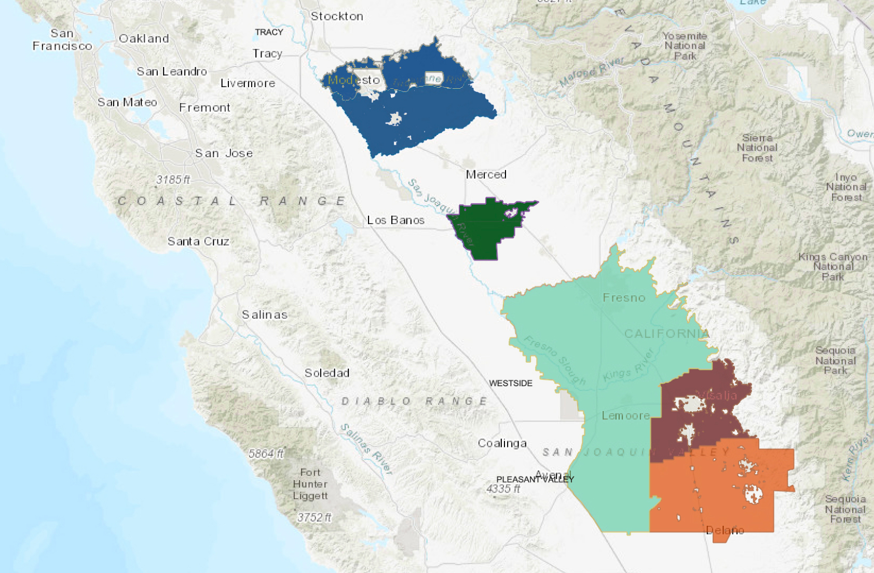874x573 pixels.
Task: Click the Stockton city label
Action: tap(337, 16)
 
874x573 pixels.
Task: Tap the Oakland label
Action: tap(144, 38)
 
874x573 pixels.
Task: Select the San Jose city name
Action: tap(224, 153)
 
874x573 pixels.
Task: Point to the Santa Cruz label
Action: tap(198, 241)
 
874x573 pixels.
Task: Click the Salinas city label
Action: tap(265, 315)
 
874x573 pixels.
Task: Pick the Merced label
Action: tap(486, 174)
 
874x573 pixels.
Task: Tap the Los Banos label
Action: tap(395, 220)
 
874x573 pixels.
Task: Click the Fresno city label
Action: tap(624, 298)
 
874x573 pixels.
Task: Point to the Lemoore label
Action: tap(625, 416)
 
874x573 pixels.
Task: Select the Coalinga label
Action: tap(502, 443)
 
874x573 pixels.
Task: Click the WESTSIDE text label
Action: tap(511, 383)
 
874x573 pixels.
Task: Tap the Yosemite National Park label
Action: tap(685, 46)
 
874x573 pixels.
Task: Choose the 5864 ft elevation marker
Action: tap(266, 454)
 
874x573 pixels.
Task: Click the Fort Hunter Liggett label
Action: tap(310, 484)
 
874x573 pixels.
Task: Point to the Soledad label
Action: tap(326, 373)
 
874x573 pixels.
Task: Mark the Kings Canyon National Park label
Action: tap(832, 266)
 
